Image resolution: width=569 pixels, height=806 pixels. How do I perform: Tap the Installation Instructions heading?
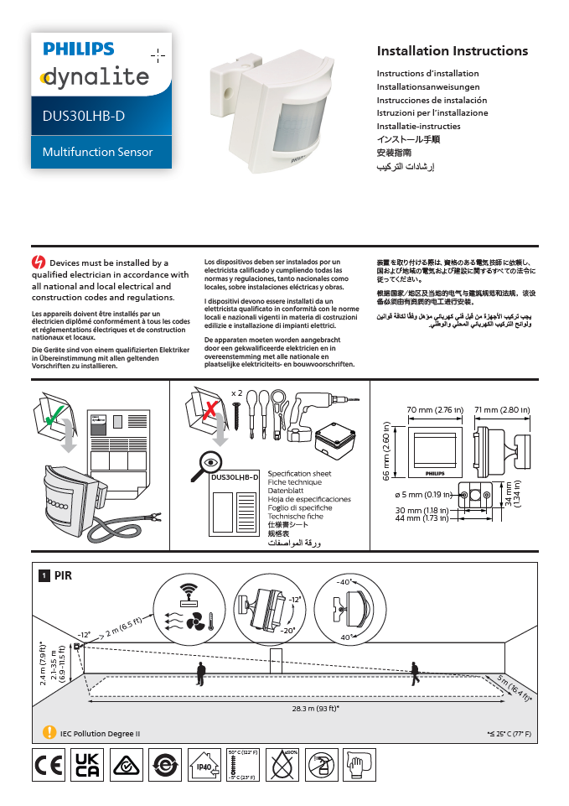(x=452, y=51)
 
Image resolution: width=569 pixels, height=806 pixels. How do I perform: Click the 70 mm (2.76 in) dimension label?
(x=435, y=410)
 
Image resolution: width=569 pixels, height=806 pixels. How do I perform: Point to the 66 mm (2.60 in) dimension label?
(x=387, y=450)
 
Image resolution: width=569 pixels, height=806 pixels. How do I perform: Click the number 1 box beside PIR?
(x=43, y=576)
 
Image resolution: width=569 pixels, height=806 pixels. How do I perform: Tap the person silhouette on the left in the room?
(x=200, y=673)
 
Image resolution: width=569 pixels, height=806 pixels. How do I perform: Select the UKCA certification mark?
(x=88, y=765)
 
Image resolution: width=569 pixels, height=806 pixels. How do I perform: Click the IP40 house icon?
(x=204, y=765)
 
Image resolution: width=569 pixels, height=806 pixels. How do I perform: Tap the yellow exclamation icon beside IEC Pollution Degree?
(x=49, y=732)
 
